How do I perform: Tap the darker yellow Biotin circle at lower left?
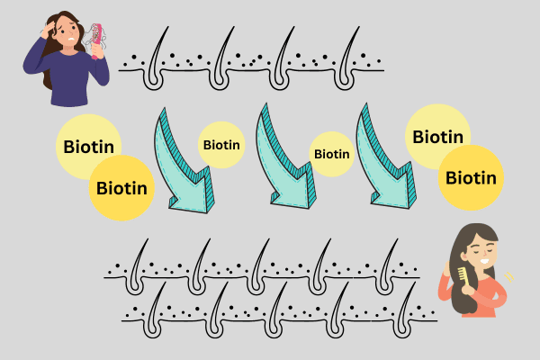click(121, 188)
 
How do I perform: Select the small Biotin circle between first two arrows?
click(221, 144)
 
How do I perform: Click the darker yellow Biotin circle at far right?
click(471, 177)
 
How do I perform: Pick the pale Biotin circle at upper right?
click(437, 138)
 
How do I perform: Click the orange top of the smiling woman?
click(486, 297)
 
